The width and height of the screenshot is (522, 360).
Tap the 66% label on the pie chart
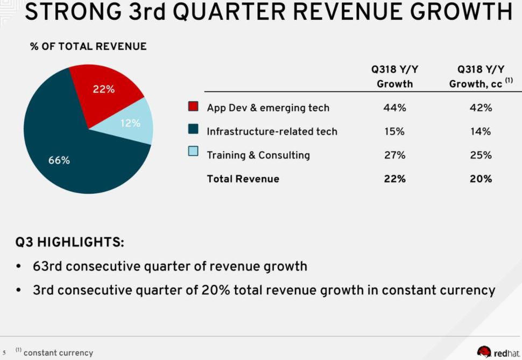click(59, 160)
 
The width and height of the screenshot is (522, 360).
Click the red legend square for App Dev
click(194, 107)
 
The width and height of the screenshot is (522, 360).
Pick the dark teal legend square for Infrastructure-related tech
click(194, 130)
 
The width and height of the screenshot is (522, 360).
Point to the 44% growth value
click(394, 108)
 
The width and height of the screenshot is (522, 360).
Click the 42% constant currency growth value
click(481, 108)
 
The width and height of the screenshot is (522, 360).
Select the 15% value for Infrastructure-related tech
click(394, 131)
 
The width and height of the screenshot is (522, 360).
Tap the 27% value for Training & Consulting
click(394, 155)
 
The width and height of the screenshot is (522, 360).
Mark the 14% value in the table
click(481, 131)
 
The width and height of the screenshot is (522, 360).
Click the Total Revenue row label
click(243, 179)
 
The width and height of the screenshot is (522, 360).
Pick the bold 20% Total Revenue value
click(481, 179)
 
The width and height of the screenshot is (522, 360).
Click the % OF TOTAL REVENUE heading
click(88, 46)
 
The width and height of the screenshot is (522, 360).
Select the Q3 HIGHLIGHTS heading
click(70, 242)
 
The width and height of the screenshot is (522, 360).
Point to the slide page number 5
click(4, 354)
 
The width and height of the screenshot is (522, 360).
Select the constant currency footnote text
click(58, 353)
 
